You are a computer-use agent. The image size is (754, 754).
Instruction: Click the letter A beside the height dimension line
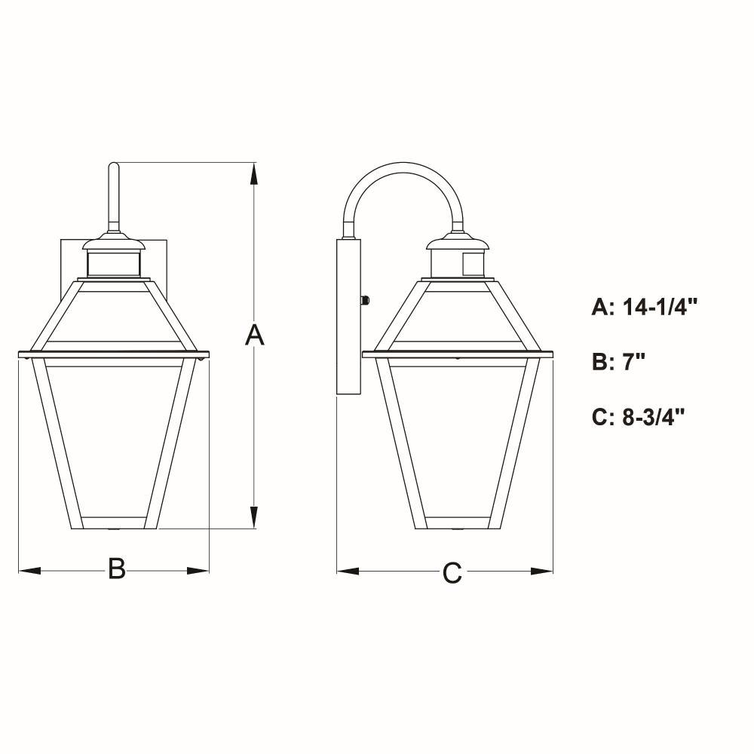coord(254,336)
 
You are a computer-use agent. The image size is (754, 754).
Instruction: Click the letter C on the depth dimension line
coord(452,573)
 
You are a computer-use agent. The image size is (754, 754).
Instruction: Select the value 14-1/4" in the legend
coord(660,307)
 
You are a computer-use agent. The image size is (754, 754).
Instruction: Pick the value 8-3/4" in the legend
coord(654,416)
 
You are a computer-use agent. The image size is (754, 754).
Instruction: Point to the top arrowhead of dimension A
coord(254,173)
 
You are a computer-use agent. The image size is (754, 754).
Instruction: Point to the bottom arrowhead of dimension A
coord(254,517)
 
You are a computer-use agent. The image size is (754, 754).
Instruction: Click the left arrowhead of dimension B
coord(29,571)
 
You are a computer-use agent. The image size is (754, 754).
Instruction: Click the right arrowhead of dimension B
coord(198,571)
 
